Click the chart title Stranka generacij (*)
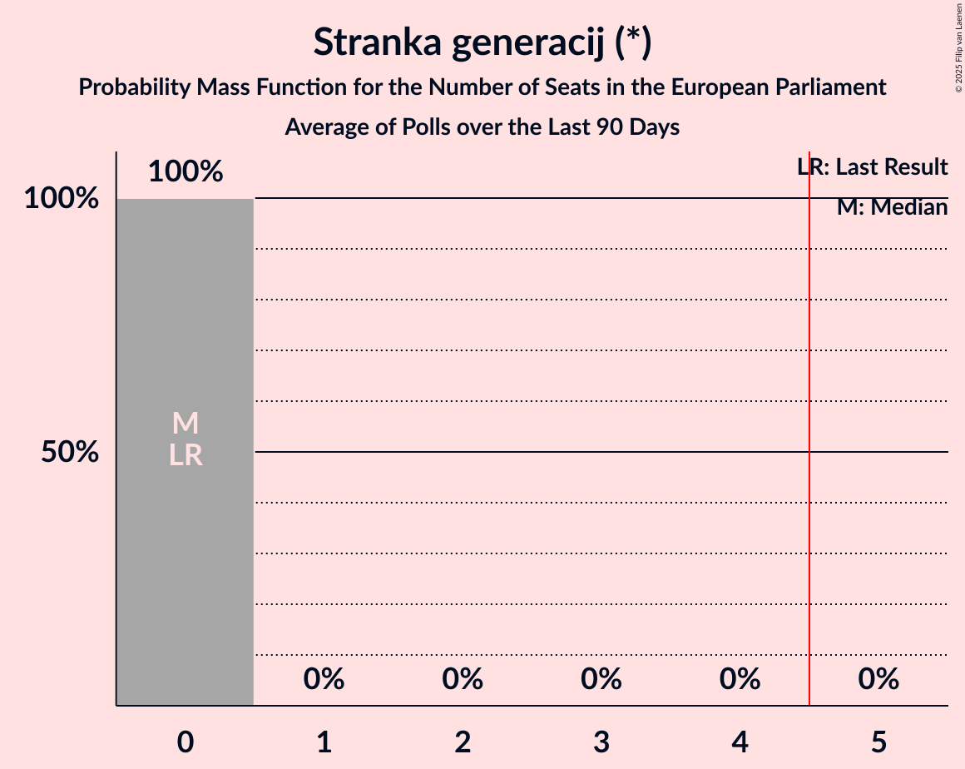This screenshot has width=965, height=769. click(482, 43)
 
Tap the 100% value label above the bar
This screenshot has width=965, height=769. click(186, 172)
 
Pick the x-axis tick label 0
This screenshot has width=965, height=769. click(186, 742)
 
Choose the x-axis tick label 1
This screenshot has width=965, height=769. click(324, 742)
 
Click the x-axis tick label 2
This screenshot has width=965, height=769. click(463, 742)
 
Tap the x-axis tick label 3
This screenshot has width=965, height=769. click(601, 742)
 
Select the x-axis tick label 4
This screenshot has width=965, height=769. click(740, 742)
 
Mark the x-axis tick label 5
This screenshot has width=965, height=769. click(879, 742)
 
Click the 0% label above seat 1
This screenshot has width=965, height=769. click(324, 680)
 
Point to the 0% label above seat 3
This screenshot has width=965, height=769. click(601, 680)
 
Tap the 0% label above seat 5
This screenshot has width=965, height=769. click(879, 680)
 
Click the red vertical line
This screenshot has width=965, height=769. click(809, 499)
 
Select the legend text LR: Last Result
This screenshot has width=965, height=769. click(873, 167)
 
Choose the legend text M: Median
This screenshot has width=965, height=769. click(892, 207)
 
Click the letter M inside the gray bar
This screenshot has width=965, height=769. click(186, 424)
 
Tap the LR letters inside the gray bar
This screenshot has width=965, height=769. click(186, 455)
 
